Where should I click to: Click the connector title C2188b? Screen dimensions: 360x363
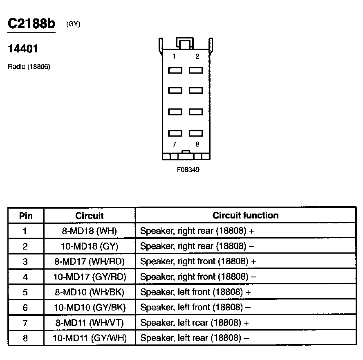[x=31, y=24]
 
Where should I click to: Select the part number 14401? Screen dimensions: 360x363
[x=23, y=49]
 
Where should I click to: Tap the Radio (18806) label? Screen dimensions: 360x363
[x=29, y=66]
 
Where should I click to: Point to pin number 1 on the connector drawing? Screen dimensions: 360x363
[x=174, y=56]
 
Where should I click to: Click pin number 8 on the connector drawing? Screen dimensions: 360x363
[x=197, y=144]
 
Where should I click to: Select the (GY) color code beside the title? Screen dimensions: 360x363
[x=73, y=24]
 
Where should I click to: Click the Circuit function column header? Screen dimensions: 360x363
[x=245, y=216]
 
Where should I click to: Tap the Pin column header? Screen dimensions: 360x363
[x=26, y=216]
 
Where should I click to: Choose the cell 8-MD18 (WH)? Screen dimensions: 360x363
[x=90, y=231]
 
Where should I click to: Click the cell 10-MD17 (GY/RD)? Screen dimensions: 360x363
[x=90, y=277]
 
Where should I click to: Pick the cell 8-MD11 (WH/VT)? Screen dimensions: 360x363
[x=90, y=323]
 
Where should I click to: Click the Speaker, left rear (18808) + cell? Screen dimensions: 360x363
[x=195, y=323]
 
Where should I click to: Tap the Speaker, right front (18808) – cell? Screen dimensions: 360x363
[x=198, y=277]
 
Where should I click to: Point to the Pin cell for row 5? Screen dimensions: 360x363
[x=25, y=292]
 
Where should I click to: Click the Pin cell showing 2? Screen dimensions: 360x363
[x=25, y=246]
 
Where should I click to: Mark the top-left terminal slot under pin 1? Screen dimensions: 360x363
[x=175, y=70]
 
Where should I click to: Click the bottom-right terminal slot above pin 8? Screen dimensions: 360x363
[x=196, y=133]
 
